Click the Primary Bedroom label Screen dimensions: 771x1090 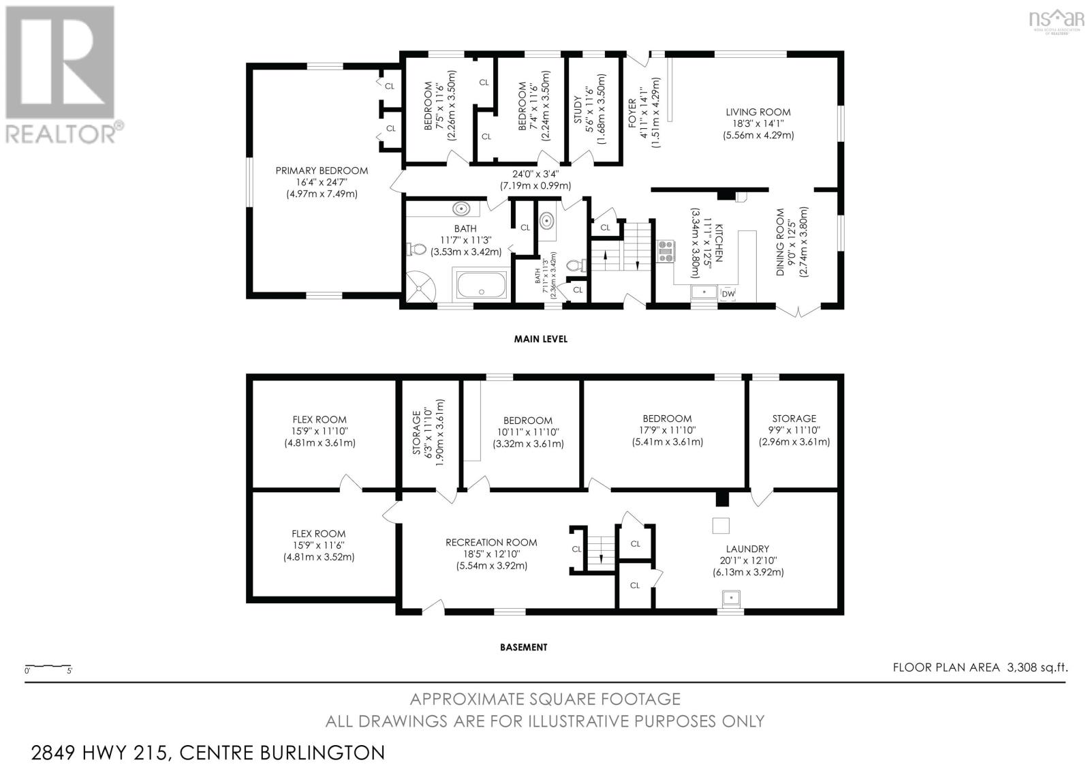coord(322,171)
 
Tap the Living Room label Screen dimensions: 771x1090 coord(758,112)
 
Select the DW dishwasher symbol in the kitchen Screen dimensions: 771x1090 coord(728,293)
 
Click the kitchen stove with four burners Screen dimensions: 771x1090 coord(665,252)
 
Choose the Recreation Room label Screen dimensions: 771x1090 coord(491,543)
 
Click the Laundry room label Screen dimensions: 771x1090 coord(747,549)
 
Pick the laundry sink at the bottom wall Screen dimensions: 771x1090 coord(731,599)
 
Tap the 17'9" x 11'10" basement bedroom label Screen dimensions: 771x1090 coord(666,419)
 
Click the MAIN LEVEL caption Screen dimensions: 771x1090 coord(540,339)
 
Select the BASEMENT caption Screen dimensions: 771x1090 coord(523,647)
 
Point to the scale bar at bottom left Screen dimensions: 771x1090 coord(48,665)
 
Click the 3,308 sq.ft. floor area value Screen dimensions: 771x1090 coord(1037,667)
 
